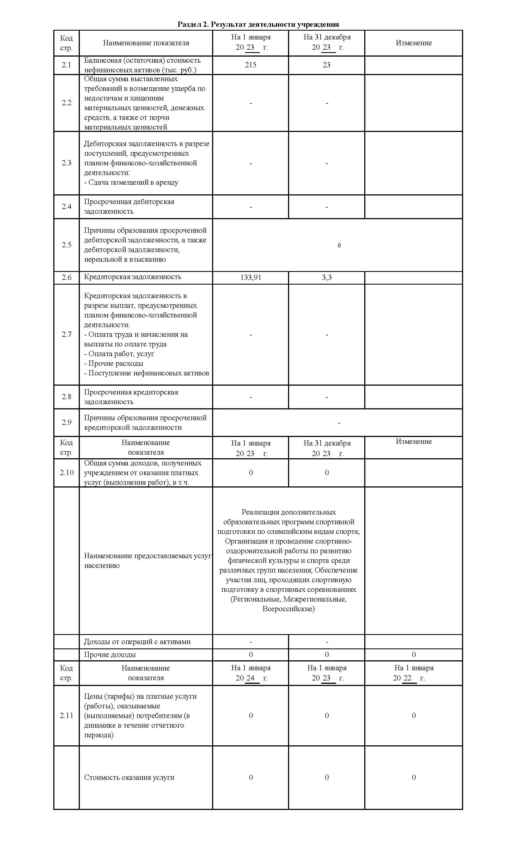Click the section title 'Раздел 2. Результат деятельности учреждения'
click(258, 24)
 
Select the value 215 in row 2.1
click(250, 65)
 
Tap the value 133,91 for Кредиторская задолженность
click(250, 277)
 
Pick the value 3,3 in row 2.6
click(326, 277)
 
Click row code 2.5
click(66, 245)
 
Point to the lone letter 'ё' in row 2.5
click(339, 245)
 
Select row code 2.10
click(66, 473)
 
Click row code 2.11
click(66, 716)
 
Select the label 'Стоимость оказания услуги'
click(129, 777)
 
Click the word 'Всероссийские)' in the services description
click(288, 618)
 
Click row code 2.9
click(66, 422)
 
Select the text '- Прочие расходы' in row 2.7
click(113, 363)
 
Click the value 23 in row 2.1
click(326, 65)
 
